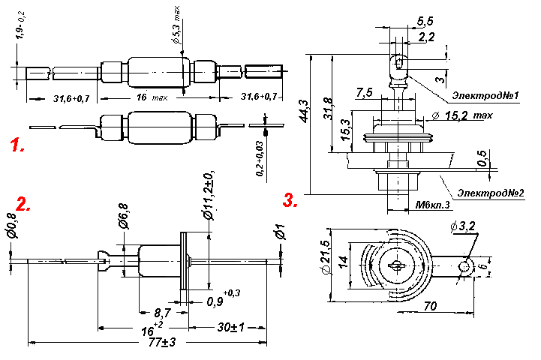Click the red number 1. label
click(17, 145)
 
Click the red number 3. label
click(290, 200)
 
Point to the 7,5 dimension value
click(365, 93)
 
